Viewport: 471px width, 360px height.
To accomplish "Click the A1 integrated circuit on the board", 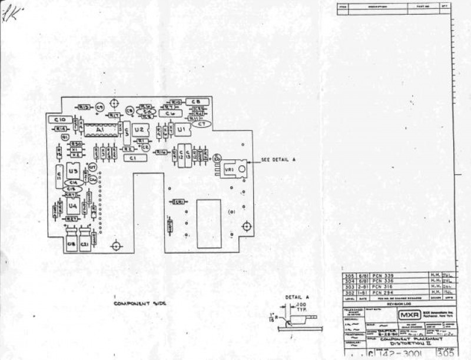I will click(x=101, y=129).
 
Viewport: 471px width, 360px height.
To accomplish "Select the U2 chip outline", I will click(x=140, y=129).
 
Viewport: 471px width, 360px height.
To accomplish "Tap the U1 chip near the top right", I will click(x=181, y=128).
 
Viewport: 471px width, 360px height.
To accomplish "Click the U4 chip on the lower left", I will click(x=73, y=206).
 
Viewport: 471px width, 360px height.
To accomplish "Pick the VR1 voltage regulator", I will click(x=230, y=169).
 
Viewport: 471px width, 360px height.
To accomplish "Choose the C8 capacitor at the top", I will click(x=197, y=101).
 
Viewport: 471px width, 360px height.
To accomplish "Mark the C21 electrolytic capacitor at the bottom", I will click(x=85, y=244).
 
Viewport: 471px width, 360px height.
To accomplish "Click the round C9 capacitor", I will click(x=99, y=107).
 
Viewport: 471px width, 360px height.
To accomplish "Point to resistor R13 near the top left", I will click(x=84, y=107).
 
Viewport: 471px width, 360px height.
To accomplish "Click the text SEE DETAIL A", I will click(x=279, y=160).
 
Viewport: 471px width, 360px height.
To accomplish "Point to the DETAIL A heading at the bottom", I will click(x=297, y=298).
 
